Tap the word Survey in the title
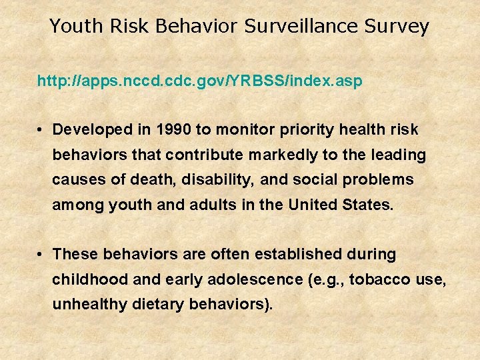pos(398,27)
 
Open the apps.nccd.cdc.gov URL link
pos(200,81)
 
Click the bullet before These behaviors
pos(41,255)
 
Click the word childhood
pos(91,279)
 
